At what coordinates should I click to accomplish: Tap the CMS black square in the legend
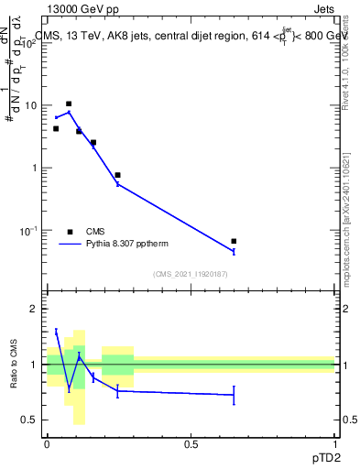click(x=70, y=232)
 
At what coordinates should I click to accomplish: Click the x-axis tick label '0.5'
click(x=191, y=443)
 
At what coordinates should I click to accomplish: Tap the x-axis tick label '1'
click(x=334, y=443)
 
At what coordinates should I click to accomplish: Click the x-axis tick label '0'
click(x=47, y=443)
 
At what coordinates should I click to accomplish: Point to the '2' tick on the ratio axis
click(x=35, y=309)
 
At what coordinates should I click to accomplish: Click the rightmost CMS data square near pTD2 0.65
click(x=234, y=242)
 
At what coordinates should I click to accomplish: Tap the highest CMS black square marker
click(x=69, y=104)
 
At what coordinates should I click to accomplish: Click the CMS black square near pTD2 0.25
click(x=118, y=175)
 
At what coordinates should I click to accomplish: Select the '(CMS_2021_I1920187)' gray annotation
click(x=191, y=274)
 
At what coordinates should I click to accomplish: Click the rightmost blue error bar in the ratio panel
click(x=234, y=395)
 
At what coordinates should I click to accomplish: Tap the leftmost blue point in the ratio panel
click(x=56, y=332)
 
